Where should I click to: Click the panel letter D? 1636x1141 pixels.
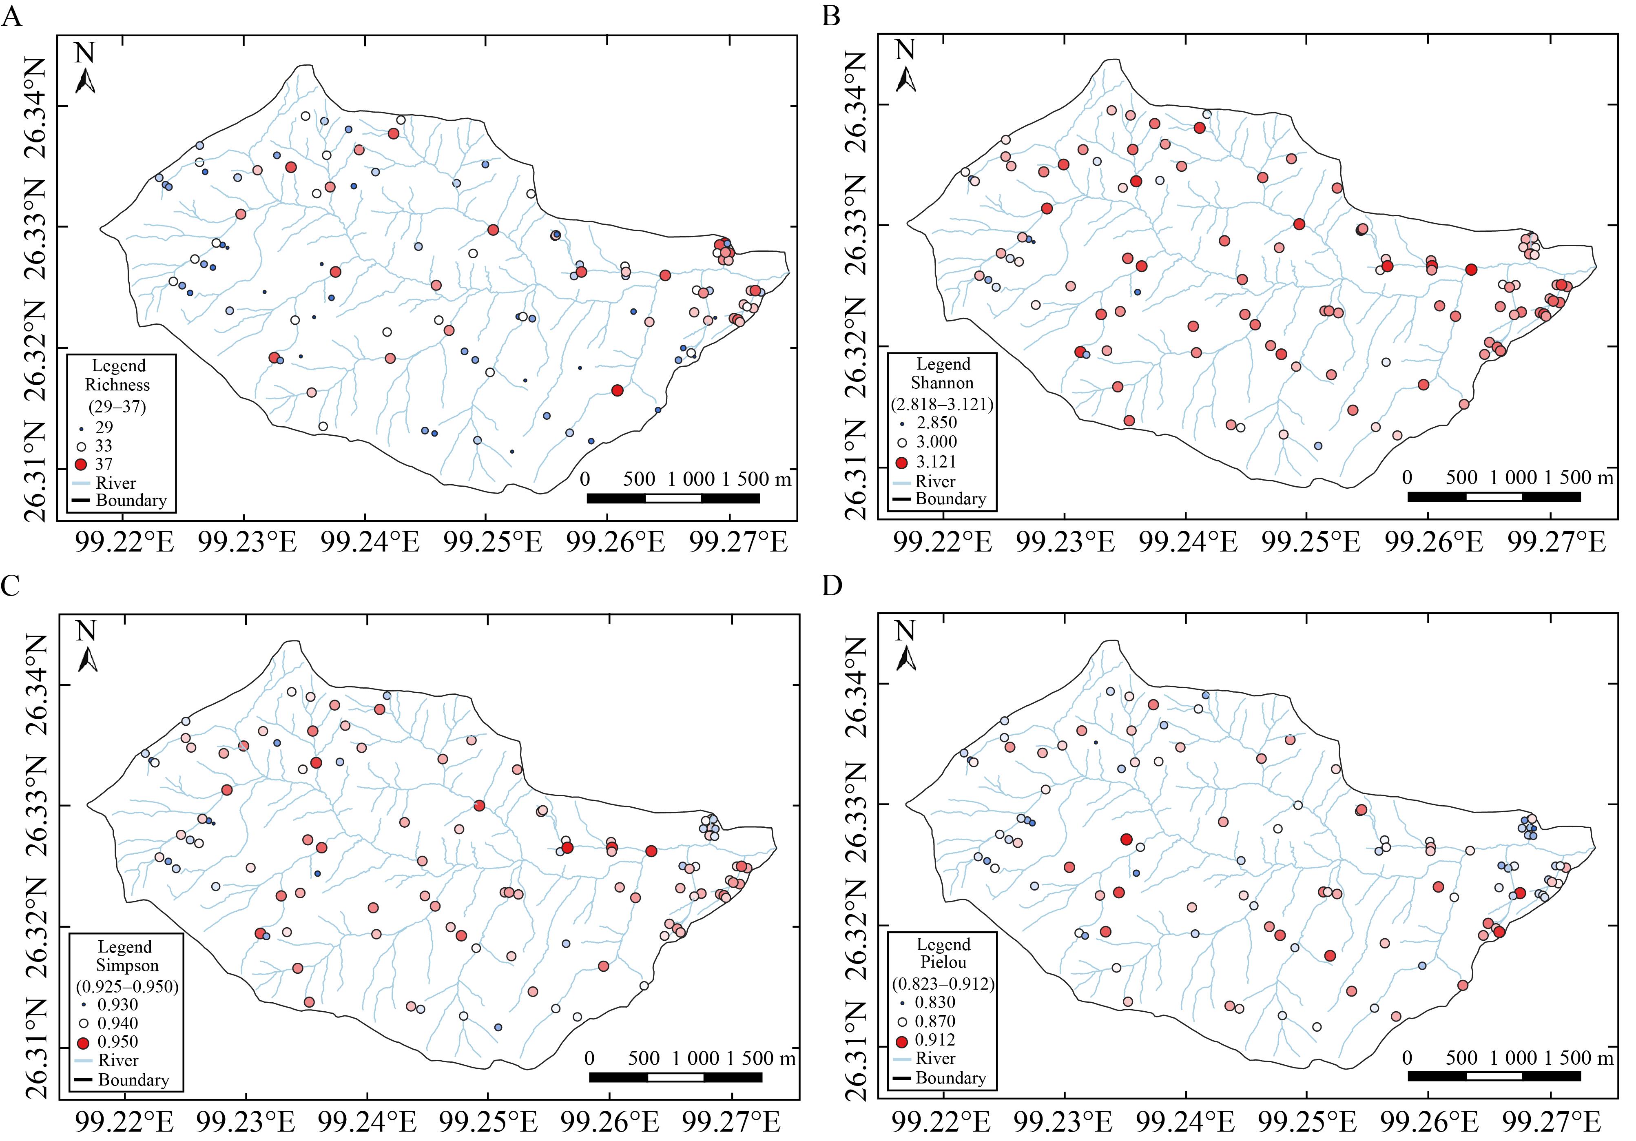tap(832, 586)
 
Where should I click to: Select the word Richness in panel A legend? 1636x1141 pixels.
tap(117, 385)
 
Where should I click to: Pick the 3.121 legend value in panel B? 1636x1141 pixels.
tap(936, 462)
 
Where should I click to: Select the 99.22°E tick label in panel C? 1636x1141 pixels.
tap(125, 1123)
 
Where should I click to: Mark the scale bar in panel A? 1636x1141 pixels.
tap(673, 498)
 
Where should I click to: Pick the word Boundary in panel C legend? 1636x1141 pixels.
tap(134, 1080)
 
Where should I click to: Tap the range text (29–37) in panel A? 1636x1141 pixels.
tap(117, 406)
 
